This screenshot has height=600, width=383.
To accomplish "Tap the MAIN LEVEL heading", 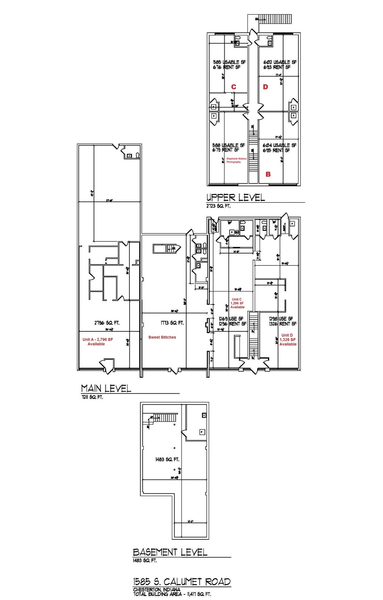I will [x=106, y=388].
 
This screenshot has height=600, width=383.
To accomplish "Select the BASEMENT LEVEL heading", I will [x=170, y=552].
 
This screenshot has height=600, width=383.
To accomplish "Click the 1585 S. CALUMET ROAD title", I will [x=182, y=582].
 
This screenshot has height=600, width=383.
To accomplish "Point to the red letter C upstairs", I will [x=234, y=87].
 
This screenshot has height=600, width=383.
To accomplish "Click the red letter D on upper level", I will [x=265, y=87].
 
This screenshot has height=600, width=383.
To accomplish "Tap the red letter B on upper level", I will [x=268, y=174].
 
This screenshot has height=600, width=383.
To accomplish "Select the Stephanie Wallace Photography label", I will [x=236, y=160].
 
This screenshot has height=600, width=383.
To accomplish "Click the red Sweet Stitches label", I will [x=162, y=337].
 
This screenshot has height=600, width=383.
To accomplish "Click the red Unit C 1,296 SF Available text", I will [x=237, y=303].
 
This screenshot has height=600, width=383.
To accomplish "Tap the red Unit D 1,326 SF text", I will [x=288, y=340].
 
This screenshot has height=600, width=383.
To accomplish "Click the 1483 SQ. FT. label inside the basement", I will [x=167, y=459].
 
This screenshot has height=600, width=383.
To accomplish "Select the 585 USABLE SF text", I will [x=229, y=62].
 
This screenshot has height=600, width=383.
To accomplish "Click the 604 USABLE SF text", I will [x=279, y=145].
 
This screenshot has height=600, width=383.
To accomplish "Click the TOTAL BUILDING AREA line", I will [x=172, y=594].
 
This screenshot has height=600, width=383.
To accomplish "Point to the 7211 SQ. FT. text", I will [x=92, y=398].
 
